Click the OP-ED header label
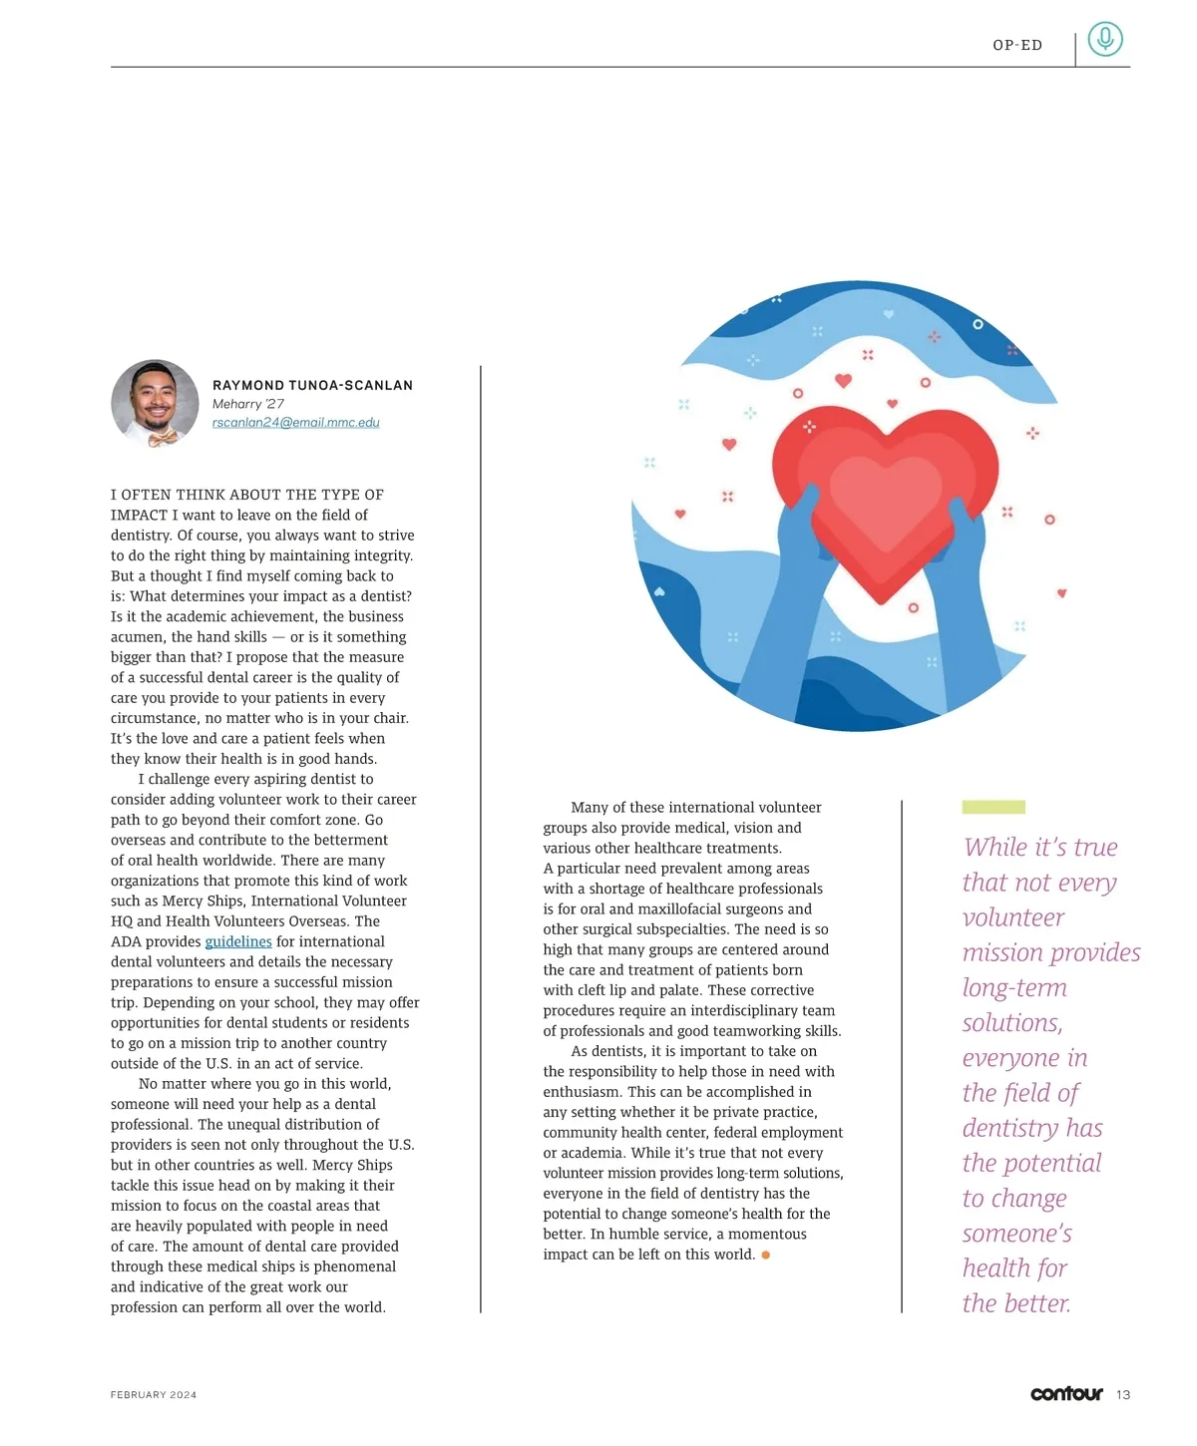1017,45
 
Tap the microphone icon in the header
1104,40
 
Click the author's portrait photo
155,404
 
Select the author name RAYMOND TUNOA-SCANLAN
312,385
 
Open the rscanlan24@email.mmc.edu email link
295,423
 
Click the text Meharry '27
248,404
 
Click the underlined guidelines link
238,941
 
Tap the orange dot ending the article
766,1255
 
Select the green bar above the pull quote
994,807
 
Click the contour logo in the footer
1066,1393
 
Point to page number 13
1123,1394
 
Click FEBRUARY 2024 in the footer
154,1395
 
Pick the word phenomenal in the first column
342,1266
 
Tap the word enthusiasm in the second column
582,1092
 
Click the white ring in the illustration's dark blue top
978,324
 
